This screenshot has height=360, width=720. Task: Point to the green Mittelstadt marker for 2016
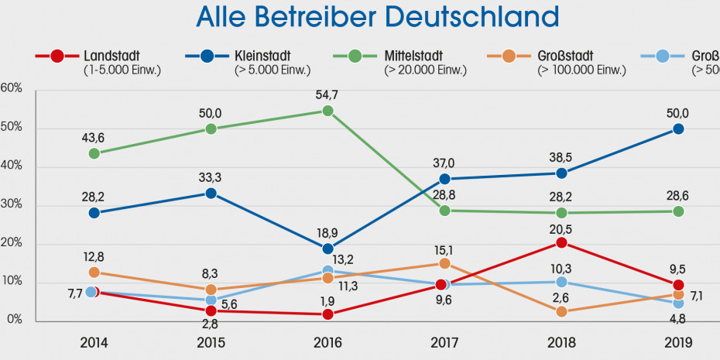coord(327,111)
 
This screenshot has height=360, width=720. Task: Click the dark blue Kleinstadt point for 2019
coord(678,129)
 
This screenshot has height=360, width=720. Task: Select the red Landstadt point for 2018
coord(561,242)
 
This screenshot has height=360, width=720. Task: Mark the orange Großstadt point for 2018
coord(561,311)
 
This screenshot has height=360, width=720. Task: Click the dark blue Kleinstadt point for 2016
coord(327,249)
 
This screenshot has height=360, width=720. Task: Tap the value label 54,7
coord(327,94)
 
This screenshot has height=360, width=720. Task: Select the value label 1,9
coord(327,298)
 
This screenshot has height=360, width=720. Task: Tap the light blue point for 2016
coord(327,271)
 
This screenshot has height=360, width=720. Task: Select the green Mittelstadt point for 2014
coord(94,153)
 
